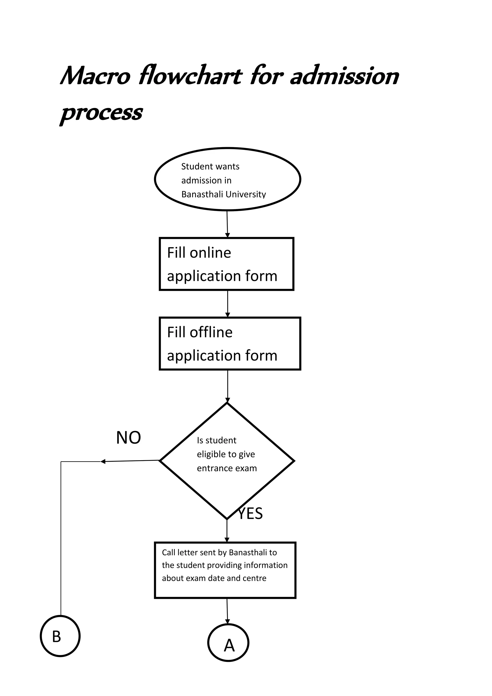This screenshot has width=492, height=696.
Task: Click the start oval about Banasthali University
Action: tap(227, 179)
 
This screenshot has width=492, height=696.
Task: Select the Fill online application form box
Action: tap(227, 264)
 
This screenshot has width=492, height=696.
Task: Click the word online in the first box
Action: tap(210, 253)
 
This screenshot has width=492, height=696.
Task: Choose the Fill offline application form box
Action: tap(230, 344)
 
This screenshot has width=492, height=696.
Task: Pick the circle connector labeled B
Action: tap(60, 636)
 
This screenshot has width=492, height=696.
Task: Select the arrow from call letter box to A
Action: tap(227, 611)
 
